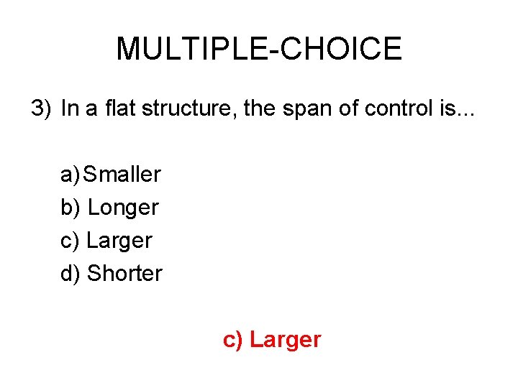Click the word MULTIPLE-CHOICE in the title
[259, 49]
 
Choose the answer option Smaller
[122, 174]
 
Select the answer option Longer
[123, 208]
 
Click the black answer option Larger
[119, 241]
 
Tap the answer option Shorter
[125, 274]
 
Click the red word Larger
[285, 340]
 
